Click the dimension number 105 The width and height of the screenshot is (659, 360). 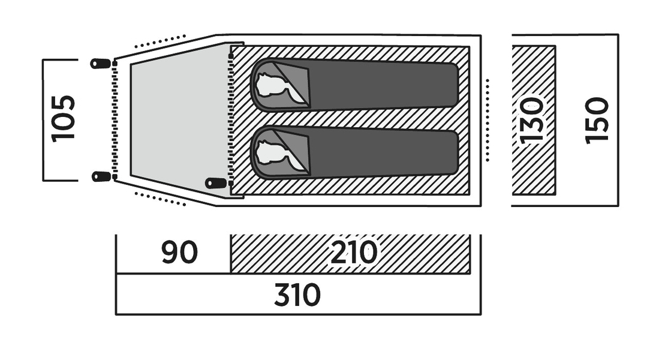(64, 118)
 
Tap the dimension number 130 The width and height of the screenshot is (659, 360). (531, 120)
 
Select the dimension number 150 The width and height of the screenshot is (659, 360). (597, 120)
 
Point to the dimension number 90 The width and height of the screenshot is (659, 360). (179, 253)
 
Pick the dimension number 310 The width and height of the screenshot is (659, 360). (297, 295)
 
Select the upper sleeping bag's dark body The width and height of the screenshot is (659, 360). (378, 85)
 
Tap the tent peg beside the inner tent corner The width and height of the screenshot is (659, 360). (215, 183)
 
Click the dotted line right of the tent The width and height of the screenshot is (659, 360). (488, 120)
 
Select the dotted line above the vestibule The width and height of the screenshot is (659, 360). (160, 41)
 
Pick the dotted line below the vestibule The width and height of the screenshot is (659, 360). (160, 199)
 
